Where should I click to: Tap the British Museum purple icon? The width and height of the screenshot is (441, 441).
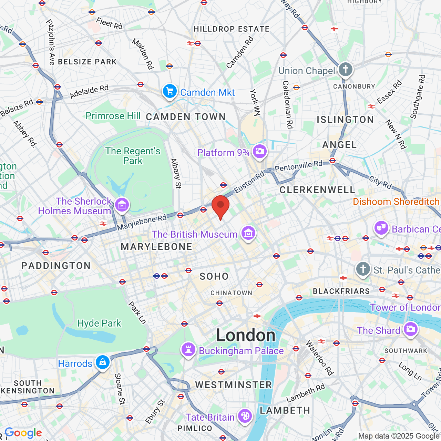coord(248,233)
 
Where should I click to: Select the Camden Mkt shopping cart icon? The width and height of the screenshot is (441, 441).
coord(170,91)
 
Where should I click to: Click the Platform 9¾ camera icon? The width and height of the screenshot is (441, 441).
coord(259,151)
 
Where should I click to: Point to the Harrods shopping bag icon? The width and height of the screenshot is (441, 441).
coord(102,362)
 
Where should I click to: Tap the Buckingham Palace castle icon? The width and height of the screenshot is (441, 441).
coord(188,349)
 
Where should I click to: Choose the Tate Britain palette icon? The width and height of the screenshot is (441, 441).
coord(245,416)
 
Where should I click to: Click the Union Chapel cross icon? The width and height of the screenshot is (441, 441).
coord(346,69)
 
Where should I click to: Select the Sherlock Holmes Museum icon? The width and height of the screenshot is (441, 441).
coord(122,205)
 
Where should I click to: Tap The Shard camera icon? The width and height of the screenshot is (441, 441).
coord(410,329)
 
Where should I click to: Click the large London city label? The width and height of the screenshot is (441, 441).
coord(246,335)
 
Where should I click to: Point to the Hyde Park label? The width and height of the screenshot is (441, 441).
coord(99,323)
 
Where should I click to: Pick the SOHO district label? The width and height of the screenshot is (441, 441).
coord(214,276)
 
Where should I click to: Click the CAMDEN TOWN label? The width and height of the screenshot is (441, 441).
coord(186,117)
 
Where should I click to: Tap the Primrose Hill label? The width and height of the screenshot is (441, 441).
coord(113,116)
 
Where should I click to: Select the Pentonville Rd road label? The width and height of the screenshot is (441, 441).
coord(298,166)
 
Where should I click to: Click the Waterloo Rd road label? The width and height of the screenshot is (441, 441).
coord(320,358)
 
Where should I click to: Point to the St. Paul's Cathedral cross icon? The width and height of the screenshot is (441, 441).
coord(363,269)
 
